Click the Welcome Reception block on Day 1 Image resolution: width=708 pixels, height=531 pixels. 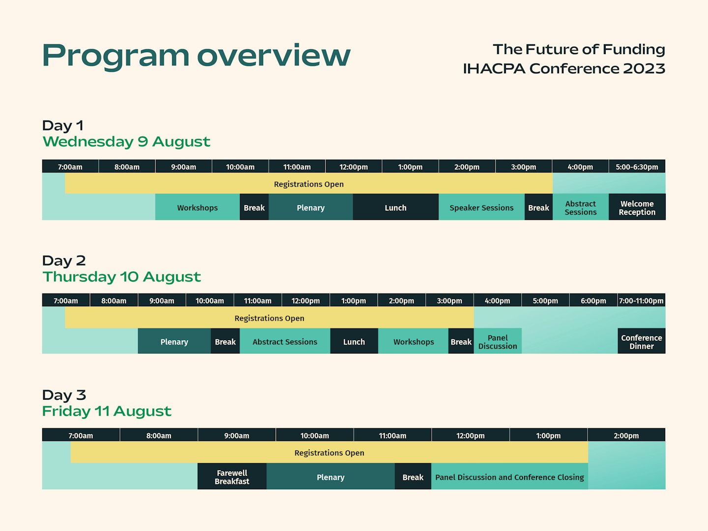(x=637, y=207)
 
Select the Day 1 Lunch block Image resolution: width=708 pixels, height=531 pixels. (x=395, y=207)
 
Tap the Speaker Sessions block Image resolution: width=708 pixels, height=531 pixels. (x=481, y=207)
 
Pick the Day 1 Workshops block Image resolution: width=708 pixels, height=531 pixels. (x=197, y=207)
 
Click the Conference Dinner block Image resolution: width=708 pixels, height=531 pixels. (x=641, y=342)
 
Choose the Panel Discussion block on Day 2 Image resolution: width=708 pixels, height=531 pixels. (x=498, y=342)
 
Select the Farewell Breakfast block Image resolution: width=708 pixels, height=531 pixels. (x=232, y=477)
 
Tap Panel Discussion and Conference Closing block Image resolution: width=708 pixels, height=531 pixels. (x=509, y=477)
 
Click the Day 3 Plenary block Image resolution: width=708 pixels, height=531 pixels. (x=330, y=477)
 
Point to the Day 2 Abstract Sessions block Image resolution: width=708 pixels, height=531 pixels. (x=285, y=342)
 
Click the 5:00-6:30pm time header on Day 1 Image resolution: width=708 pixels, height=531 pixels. (x=637, y=167)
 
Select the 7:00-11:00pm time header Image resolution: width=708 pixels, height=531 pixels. (x=641, y=300)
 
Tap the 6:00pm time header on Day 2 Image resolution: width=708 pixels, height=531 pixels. (x=593, y=300)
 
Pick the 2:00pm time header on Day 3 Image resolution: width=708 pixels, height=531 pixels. (x=626, y=436)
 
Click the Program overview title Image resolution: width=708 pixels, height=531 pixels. (x=196, y=55)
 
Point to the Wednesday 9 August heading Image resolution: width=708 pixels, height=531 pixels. (x=126, y=142)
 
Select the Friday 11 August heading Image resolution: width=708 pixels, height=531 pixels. (x=107, y=411)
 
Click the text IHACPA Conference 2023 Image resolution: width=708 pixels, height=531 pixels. (x=564, y=68)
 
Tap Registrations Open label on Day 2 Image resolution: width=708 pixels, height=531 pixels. (x=269, y=318)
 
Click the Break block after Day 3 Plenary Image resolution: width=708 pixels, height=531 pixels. (x=413, y=477)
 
